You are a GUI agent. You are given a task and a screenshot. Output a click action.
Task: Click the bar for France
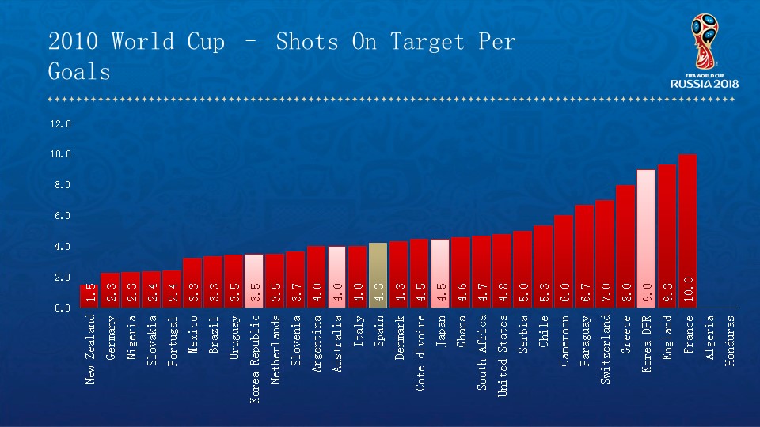pos(688,229)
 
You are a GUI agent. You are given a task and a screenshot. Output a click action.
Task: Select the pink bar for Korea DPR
pos(646,237)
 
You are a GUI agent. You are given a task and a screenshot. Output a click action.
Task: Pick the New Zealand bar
pos(89,295)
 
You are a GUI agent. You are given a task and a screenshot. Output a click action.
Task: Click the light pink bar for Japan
pos(440,272)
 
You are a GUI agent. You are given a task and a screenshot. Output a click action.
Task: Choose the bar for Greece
pos(625,245)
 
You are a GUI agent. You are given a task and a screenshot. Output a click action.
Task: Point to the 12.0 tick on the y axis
pos(60,124)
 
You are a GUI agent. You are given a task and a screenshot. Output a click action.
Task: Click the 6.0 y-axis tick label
pos(60,216)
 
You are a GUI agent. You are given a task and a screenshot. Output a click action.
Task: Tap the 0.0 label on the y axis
pos(60,308)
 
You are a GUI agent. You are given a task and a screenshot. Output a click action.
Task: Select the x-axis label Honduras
pos(730,340)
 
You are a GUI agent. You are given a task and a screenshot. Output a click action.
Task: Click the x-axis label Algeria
pos(709,338)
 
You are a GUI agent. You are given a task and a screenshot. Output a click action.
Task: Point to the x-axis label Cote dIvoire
pos(420,353)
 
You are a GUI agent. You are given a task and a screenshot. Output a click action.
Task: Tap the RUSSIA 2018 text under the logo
pos(705,84)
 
